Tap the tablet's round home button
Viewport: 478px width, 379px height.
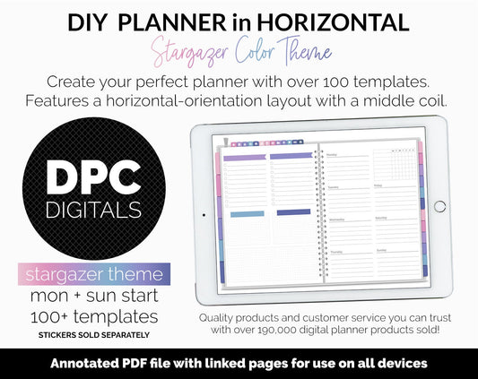439,206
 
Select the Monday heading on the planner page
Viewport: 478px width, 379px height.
333,153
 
